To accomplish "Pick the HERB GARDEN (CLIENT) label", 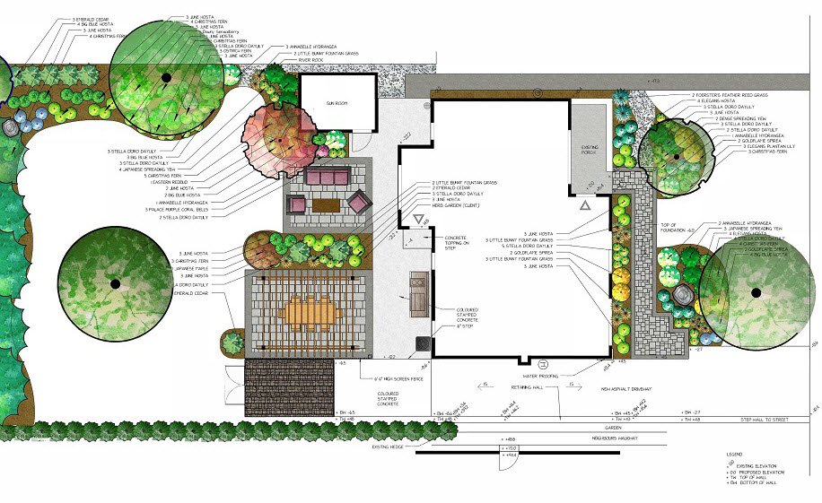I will click(451, 205).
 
